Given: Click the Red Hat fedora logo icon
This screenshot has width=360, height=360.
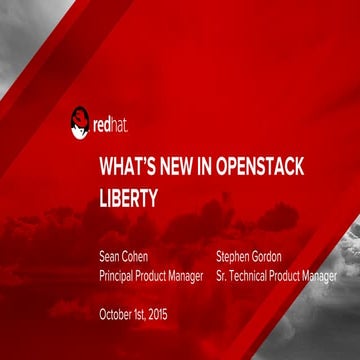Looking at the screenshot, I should click(x=80, y=124).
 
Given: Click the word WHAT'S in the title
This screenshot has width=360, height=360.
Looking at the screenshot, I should click(x=124, y=165).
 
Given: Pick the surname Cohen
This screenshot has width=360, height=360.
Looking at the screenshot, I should click(x=139, y=256).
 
